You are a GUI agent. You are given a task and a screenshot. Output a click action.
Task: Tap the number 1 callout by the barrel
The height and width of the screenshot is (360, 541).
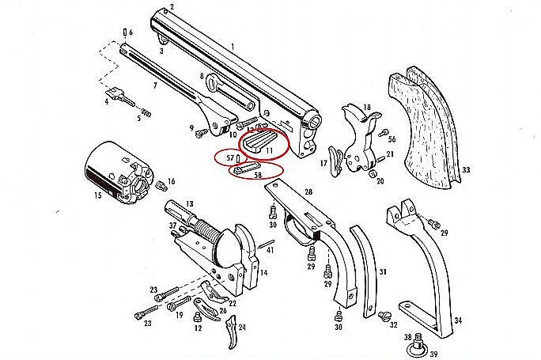click(233, 46)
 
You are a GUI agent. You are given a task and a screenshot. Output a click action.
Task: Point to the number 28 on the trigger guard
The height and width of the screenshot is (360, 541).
click(308, 192)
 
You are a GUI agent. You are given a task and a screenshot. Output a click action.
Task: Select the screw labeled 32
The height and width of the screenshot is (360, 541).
click(388, 316)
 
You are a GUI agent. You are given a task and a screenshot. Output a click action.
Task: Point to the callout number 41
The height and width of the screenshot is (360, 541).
click(270, 250)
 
